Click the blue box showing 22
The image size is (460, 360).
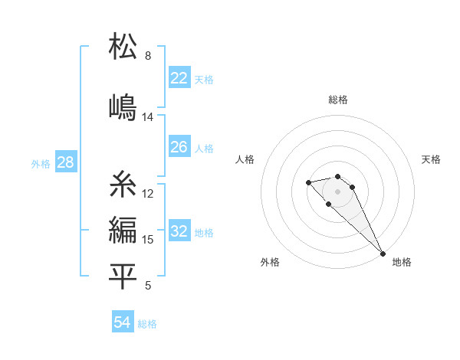click(179, 78)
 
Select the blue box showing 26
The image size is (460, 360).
click(179, 147)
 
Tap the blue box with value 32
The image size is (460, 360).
click(179, 231)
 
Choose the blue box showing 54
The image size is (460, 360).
click(122, 322)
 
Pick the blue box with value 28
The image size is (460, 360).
click(65, 162)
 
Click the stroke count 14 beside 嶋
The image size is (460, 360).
click(148, 117)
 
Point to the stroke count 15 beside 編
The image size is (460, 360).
click(148, 240)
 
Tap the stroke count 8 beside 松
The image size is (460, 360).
click(148, 56)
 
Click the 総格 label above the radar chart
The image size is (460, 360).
click(338, 100)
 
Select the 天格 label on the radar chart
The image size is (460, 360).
click(431, 159)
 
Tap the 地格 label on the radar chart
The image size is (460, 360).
click(402, 262)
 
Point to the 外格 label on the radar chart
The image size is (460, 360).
click(270, 262)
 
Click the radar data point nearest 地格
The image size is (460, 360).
click(383, 254)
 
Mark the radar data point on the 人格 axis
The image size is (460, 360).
click(308, 182)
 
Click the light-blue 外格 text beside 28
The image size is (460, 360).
click(40, 163)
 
